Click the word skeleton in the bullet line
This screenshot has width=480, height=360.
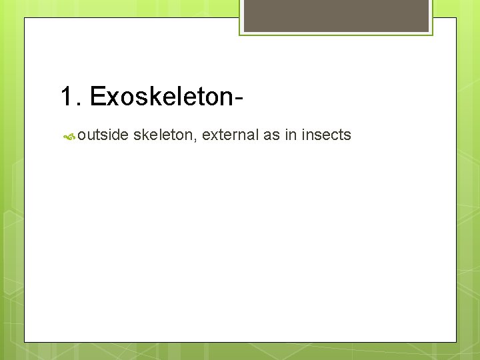coord(163,135)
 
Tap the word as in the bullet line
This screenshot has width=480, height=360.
coord(271,135)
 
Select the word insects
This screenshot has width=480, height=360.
coord(326,135)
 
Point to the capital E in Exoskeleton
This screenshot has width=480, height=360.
coord(97,97)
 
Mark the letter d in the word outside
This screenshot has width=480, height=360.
coord(116,135)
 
